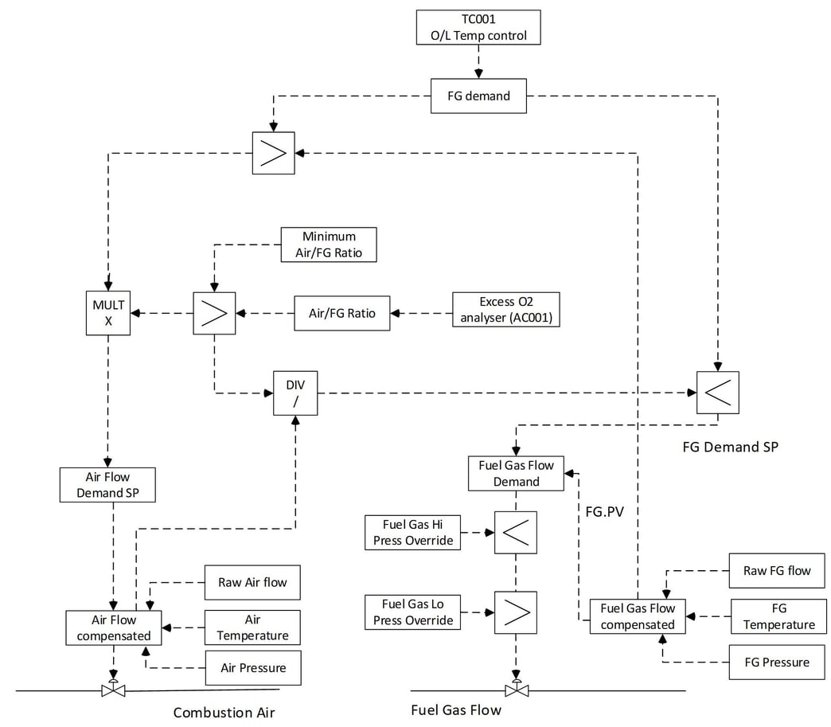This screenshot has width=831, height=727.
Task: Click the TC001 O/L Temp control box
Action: pyautogui.click(x=478, y=27)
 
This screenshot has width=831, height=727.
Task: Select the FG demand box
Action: pyautogui.click(x=478, y=96)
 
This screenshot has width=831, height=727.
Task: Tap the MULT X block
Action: pyautogui.click(x=108, y=312)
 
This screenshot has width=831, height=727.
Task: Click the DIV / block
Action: pyautogui.click(x=295, y=393)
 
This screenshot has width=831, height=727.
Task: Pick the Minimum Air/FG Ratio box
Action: pyautogui.click(x=329, y=244)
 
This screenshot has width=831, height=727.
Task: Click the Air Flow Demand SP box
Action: pyautogui.click(x=107, y=485)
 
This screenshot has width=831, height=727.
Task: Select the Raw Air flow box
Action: pyautogui.click(x=252, y=582)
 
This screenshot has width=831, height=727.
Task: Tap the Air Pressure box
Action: pyautogui.click(x=252, y=667)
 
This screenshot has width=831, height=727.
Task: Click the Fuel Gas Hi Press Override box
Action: pyautogui.click(x=414, y=533)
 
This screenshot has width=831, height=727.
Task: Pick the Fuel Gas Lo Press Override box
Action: pyautogui.click(x=414, y=612)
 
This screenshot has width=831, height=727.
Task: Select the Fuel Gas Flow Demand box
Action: pyautogui.click(x=516, y=473)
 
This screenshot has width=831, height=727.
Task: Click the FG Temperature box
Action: pyautogui.click(x=778, y=616)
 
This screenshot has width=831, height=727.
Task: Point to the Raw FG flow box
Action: pyautogui.click(x=777, y=570)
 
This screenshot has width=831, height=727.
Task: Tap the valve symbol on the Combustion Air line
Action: pyautogui.click(x=114, y=689)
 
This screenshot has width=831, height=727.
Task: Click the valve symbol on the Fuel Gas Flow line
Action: pyautogui.click(x=517, y=689)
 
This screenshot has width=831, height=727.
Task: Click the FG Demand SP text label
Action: pyautogui.click(x=730, y=447)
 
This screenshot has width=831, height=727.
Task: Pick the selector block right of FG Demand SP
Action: pyautogui.click(x=717, y=392)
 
